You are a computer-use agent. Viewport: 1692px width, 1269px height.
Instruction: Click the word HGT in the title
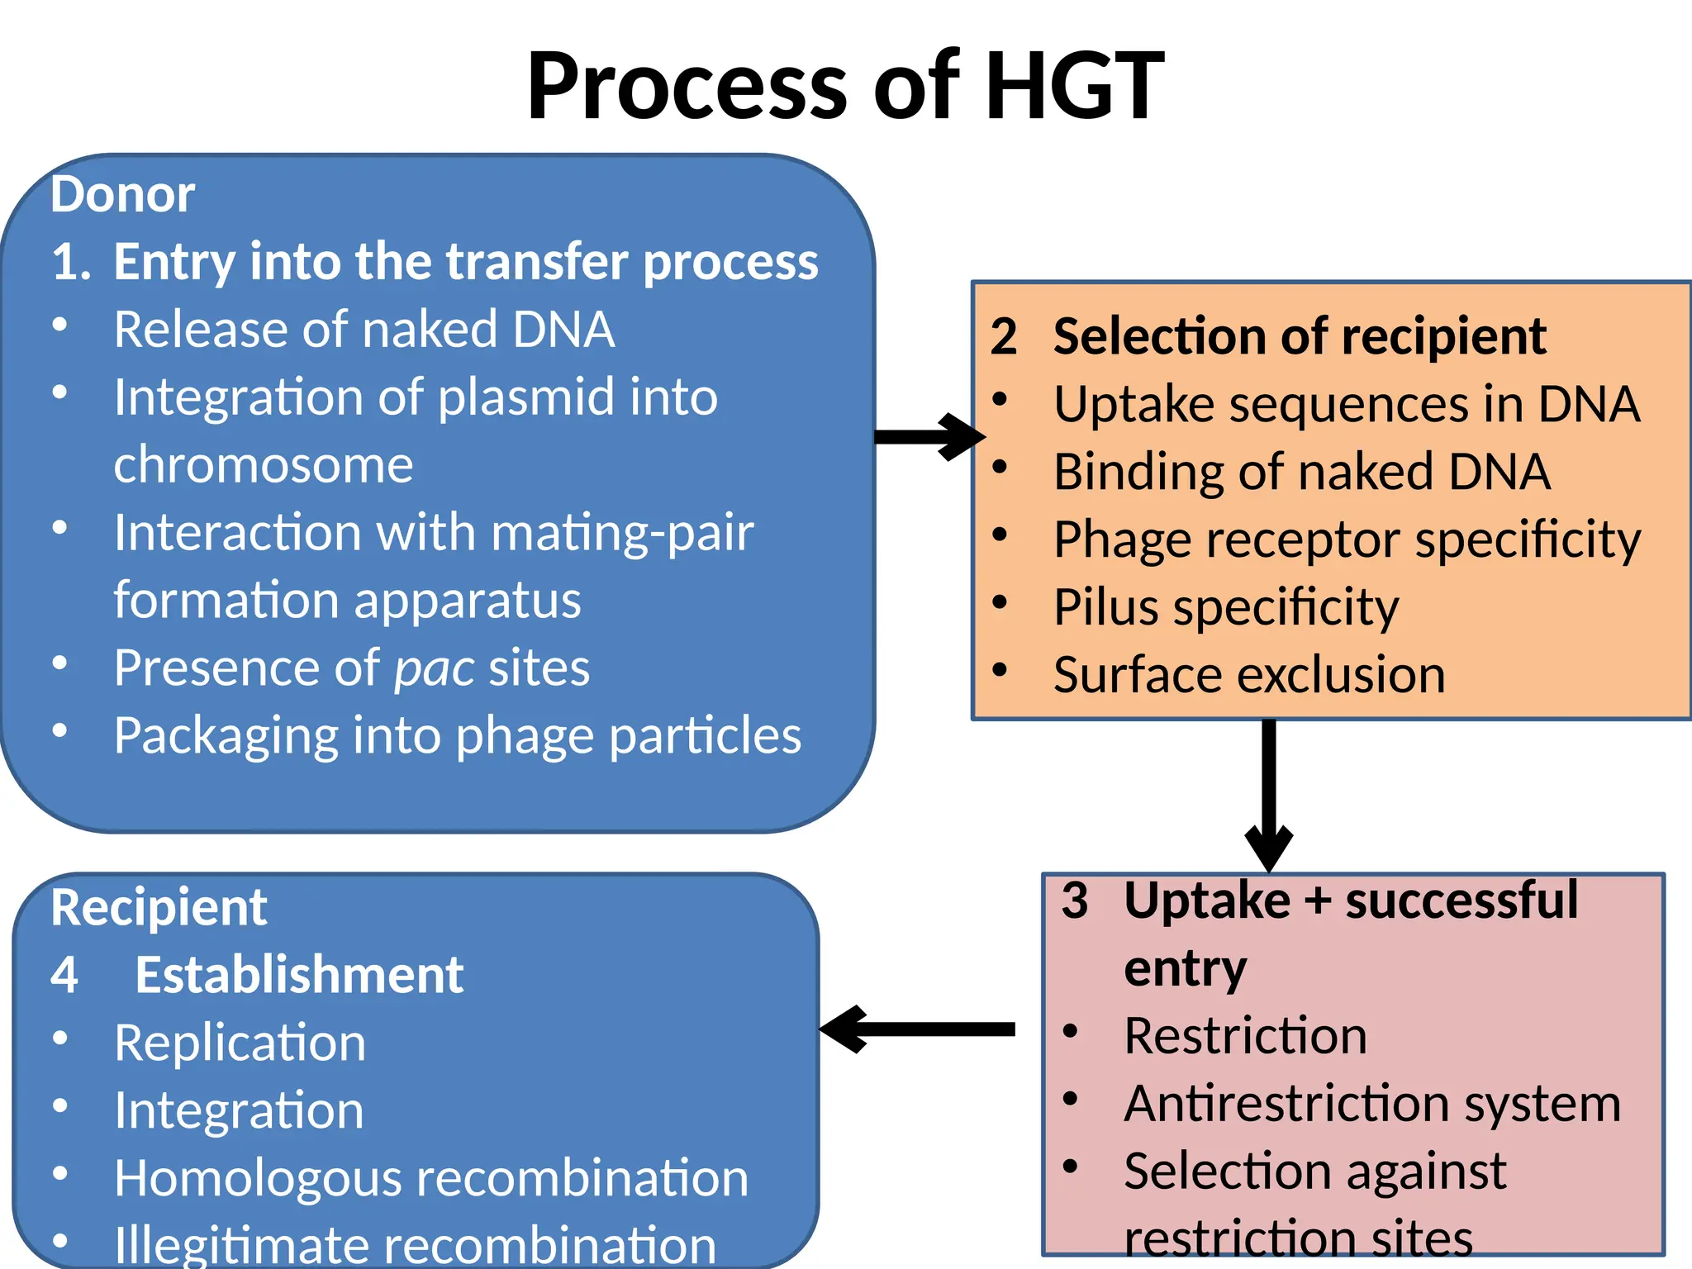[x=1074, y=86]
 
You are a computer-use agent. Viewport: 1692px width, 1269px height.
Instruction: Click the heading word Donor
[x=122, y=195]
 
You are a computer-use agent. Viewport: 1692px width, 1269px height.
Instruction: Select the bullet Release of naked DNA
[x=364, y=330]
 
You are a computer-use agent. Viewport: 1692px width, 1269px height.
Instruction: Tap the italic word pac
[x=435, y=668]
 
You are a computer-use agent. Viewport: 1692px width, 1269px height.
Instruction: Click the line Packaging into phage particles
[x=457, y=735]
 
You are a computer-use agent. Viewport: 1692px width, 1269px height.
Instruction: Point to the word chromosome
[x=263, y=465]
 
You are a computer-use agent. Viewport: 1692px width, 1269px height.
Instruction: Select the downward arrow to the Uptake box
[x=1269, y=793]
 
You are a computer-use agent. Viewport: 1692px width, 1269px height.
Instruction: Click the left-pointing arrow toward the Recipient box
[x=917, y=1029]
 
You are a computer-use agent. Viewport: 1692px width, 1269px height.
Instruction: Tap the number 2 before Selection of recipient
[x=1003, y=337]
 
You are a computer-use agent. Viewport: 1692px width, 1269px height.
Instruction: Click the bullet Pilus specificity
[x=1225, y=608]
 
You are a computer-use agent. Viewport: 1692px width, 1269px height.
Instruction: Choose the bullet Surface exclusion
[x=1248, y=676]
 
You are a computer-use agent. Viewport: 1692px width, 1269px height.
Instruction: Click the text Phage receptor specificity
[x=1347, y=540]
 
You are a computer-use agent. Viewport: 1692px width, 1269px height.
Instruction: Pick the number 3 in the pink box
[x=1074, y=901]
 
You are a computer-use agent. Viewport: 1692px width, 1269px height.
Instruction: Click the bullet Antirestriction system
[x=1371, y=1104]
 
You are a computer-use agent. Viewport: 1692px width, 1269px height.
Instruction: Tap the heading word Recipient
[x=159, y=908]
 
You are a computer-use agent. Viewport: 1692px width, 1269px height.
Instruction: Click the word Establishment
[x=299, y=976]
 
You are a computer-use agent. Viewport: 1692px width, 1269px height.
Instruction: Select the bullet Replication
[x=240, y=1043]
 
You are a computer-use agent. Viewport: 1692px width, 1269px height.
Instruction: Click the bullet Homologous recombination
[x=430, y=1178]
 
